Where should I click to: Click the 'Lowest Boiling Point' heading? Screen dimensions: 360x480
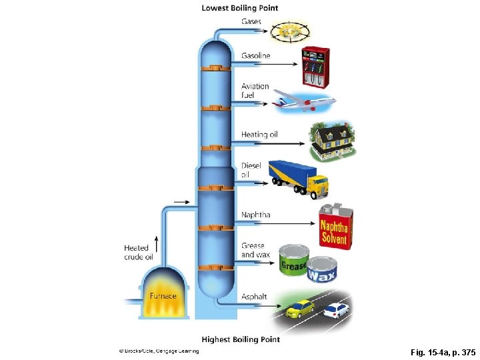tap(240, 8)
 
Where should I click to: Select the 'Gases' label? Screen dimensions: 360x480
tap(251, 21)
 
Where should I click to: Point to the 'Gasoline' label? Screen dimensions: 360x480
tap(255, 55)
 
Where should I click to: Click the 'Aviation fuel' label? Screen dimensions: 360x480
tap(255, 91)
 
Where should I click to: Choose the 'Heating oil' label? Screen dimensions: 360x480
tap(259, 135)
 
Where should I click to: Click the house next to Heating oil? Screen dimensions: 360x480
tap(333, 142)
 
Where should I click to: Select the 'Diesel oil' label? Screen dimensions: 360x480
tap(251, 170)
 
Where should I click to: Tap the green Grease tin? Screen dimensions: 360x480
tap(293, 261)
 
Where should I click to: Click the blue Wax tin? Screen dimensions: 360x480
tap(322, 271)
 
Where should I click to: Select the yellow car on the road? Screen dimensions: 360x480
tap(300, 309)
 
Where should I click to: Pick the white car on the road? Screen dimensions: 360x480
tap(336, 310)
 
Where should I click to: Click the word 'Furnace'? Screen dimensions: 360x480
tap(163, 295)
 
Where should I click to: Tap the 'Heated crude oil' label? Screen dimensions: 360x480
tap(139, 252)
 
